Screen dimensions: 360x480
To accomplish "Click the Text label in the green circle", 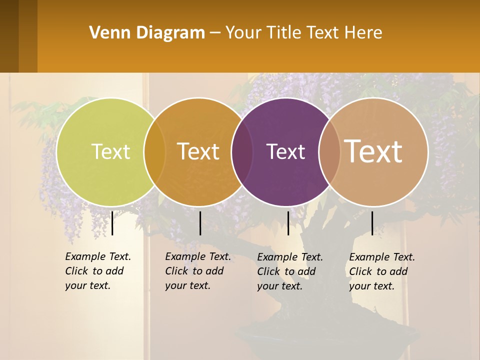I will pyautogui.click(x=110, y=151).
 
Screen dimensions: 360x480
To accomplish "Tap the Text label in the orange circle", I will pyautogui.click(x=198, y=151).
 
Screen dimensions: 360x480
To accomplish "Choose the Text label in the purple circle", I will pyautogui.click(x=285, y=151).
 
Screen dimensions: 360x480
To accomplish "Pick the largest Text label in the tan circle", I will pyautogui.click(x=373, y=151).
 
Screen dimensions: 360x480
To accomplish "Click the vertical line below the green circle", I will pyautogui.click(x=112, y=223).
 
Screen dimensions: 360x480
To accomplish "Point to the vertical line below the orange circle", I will pyautogui.click(x=200, y=223).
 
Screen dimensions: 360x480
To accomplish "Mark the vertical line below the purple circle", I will pyautogui.click(x=288, y=223).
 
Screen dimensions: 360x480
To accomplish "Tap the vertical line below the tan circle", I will pyautogui.click(x=372, y=223).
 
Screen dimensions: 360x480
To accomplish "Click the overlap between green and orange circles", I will pyautogui.click(x=154, y=152).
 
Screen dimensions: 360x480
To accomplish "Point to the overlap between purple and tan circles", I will pyautogui.click(x=329, y=152).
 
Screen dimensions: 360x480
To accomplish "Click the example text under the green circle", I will pyautogui.click(x=98, y=271).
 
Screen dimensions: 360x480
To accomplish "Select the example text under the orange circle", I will pyautogui.click(x=198, y=271).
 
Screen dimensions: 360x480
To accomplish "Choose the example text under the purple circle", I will pyautogui.click(x=290, y=271).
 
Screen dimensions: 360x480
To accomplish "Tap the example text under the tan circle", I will pyautogui.click(x=382, y=271).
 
